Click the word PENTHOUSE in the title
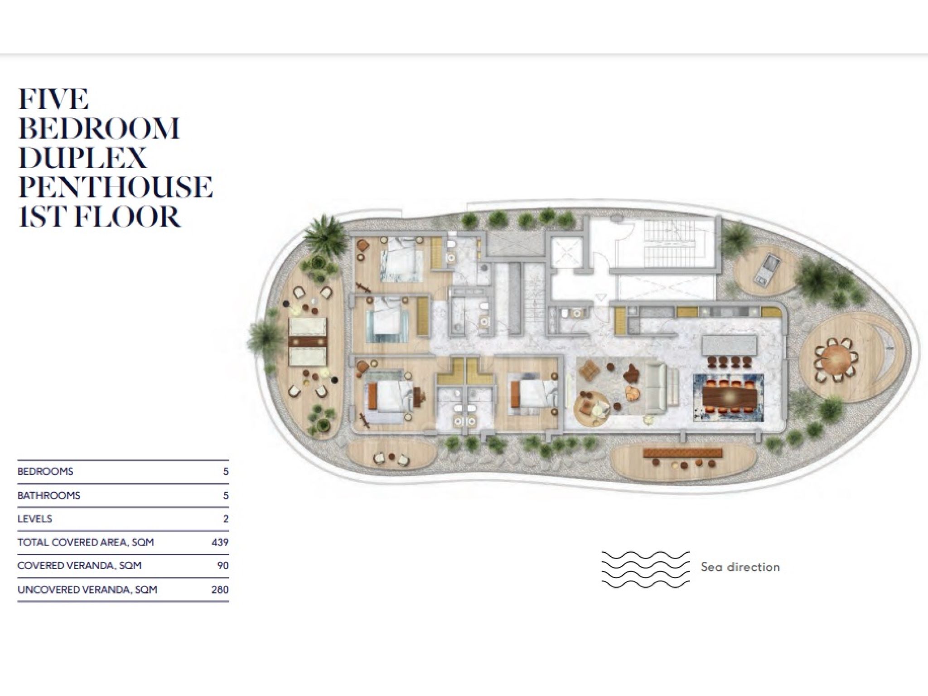pos(116,187)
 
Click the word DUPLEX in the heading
pos(82,158)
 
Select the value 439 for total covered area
pos(220,542)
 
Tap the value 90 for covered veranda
pos(222,565)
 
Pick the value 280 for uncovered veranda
pos(220,590)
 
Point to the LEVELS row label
pos(35,518)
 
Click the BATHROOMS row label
pos(49,495)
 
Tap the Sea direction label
pos(740,566)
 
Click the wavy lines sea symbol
pos(645,570)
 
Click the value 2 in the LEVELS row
pos(226,518)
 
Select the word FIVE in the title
pos(53,99)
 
